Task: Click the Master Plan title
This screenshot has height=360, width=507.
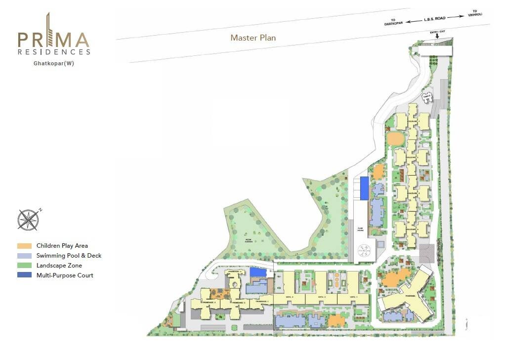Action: (253, 38)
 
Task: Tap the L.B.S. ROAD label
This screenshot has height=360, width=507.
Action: (434, 19)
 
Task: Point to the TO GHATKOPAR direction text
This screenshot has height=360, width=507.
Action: (395, 22)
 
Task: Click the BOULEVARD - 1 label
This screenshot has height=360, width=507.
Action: (413, 121)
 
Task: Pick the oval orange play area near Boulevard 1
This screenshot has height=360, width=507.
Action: (394, 138)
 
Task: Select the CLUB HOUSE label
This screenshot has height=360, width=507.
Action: (360, 229)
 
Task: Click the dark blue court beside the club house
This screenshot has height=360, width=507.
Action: (364, 188)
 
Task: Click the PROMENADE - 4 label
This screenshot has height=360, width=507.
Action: (235, 271)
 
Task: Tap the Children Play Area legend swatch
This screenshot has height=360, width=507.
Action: (24, 246)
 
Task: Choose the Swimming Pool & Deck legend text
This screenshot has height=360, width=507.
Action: (69, 256)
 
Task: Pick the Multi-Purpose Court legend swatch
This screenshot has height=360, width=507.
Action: (24, 275)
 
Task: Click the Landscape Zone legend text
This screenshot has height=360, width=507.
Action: (59, 266)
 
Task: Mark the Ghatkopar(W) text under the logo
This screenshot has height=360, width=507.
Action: (54, 63)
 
